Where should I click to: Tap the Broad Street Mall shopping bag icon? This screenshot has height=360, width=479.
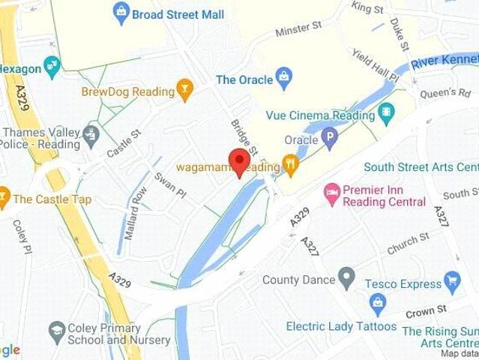[x=121, y=13]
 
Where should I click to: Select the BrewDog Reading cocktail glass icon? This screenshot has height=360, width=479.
[x=184, y=92]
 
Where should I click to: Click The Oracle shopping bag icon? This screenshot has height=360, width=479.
[x=283, y=76]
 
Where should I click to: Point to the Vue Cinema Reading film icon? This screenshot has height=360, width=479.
[x=386, y=115]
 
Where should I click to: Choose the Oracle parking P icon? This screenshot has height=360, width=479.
[x=329, y=138]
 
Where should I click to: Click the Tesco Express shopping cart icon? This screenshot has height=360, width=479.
[x=451, y=283]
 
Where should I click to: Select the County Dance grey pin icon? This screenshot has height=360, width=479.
[x=346, y=279]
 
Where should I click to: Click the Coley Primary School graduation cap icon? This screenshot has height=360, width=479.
[x=57, y=331]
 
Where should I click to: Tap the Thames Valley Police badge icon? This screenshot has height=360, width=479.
[x=91, y=135]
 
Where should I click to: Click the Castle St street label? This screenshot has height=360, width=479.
[x=124, y=142]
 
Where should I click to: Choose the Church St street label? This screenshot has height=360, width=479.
[x=409, y=243]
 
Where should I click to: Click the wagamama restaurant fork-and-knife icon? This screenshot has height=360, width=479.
[x=291, y=163]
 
